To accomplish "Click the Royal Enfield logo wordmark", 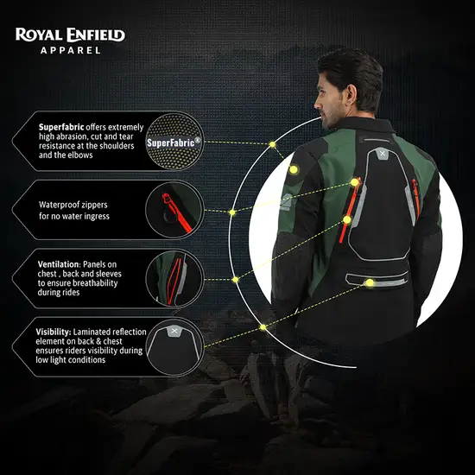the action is pyautogui.click(x=70, y=35).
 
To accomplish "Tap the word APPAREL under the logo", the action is pyautogui.click(x=71, y=50).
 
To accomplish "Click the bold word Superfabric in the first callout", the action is pyautogui.click(x=61, y=127).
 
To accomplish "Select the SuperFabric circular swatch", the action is pyautogui.click(x=174, y=142).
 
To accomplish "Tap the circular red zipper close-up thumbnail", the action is pyautogui.click(x=174, y=210).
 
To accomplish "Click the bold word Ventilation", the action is pyautogui.click(x=59, y=264).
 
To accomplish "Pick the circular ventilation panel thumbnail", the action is pyautogui.click(x=174, y=279).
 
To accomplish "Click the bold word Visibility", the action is pyautogui.click(x=54, y=332).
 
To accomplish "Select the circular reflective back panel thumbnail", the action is pyautogui.click(x=174, y=347).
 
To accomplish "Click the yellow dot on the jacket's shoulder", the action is pyautogui.click(x=294, y=169).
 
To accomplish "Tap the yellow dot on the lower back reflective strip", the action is pyautogui.click(x=370, y=283).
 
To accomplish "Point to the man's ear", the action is pyautogui.click(x=351, y=95).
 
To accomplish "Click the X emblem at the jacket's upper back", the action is pyautogui.click(x=383, y=154).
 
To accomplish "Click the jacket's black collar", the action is pyautogui.click(x=366, y=126).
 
